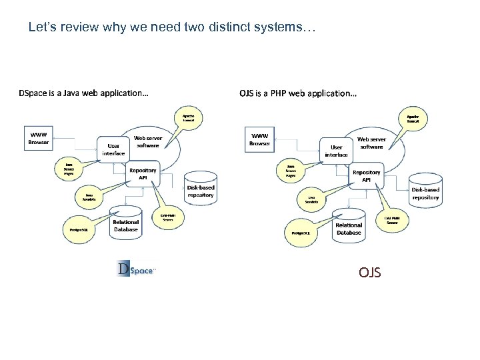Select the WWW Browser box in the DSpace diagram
pos(38,137)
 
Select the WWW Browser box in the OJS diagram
pos(259,138)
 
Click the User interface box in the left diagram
pos(113,149)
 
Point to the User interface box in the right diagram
pos(336,150)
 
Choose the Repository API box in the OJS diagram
pos(366,175)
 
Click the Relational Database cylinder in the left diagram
pos(125,222)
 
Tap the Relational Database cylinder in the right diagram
pos(349,225)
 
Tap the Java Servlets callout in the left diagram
pos(89,197)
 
